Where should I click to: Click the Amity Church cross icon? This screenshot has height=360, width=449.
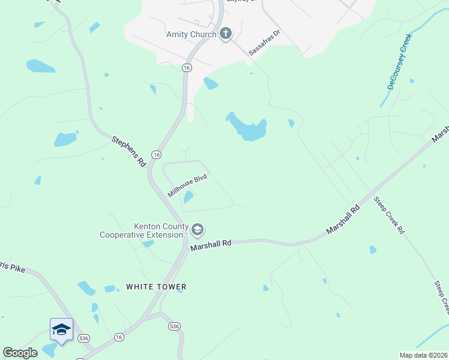tap(226, 33)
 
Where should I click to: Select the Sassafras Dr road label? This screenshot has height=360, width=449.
tap(265, 43)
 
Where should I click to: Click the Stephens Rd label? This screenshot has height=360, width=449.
tap(129, 151)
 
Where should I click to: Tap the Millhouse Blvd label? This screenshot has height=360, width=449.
tap(187, 186)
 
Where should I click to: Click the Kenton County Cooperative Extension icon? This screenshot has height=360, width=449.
tap(197, 229)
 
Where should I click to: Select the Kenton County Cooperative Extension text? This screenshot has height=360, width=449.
tap(143, 230)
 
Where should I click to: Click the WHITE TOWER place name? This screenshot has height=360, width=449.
tap(156, 287)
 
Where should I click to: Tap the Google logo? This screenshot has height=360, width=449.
tap(20, 353)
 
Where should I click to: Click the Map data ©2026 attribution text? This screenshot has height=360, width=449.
tap(423, 355)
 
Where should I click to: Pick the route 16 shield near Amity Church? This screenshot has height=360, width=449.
tap(187, 68)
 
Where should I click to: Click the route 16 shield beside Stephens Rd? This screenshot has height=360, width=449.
tap(156, 155)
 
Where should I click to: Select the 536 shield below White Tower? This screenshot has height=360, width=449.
tap(174, 326)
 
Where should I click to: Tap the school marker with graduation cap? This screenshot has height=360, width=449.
tap(61, 330)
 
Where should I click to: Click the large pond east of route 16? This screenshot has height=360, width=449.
tap(247, 127)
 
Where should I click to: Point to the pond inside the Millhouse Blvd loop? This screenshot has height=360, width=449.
tap(188, 196)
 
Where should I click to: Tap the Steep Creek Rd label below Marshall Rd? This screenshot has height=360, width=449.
tap(389, 215)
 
